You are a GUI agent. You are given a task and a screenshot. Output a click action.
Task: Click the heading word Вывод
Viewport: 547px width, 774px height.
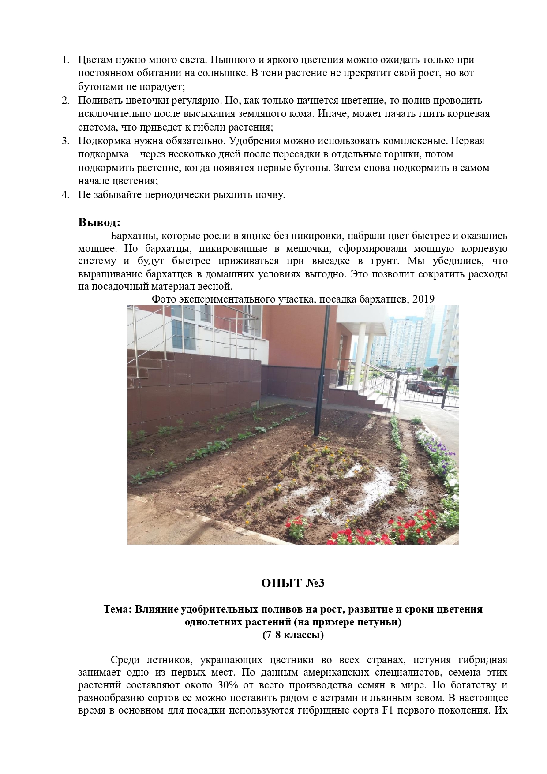pos(99,222)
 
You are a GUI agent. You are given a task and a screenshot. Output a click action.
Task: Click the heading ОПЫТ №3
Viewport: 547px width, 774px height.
pos(292,583)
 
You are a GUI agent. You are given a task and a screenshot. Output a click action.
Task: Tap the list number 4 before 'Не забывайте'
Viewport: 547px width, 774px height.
pos(65,194)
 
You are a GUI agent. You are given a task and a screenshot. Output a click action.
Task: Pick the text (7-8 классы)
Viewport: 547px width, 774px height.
pos(292,636)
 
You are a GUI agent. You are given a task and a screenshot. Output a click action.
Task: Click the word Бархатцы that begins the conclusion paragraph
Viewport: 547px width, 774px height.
pos(131,236)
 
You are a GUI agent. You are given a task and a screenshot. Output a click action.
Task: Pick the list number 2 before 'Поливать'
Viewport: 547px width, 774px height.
pos(65,100)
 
